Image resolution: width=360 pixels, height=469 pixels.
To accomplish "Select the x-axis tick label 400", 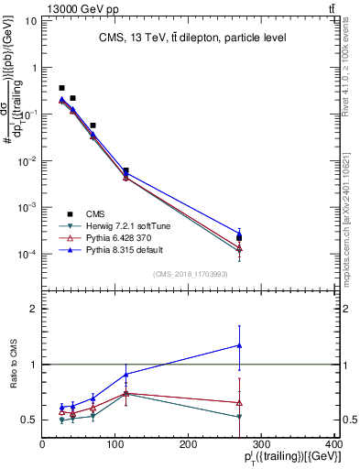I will [x=333, y=444].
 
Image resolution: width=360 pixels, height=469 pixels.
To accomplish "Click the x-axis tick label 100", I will [x=115, y=444].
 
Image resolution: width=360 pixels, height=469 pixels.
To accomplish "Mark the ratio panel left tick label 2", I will [x=33, y=309].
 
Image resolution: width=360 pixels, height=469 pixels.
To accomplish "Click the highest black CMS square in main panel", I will [x=61, y=88].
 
